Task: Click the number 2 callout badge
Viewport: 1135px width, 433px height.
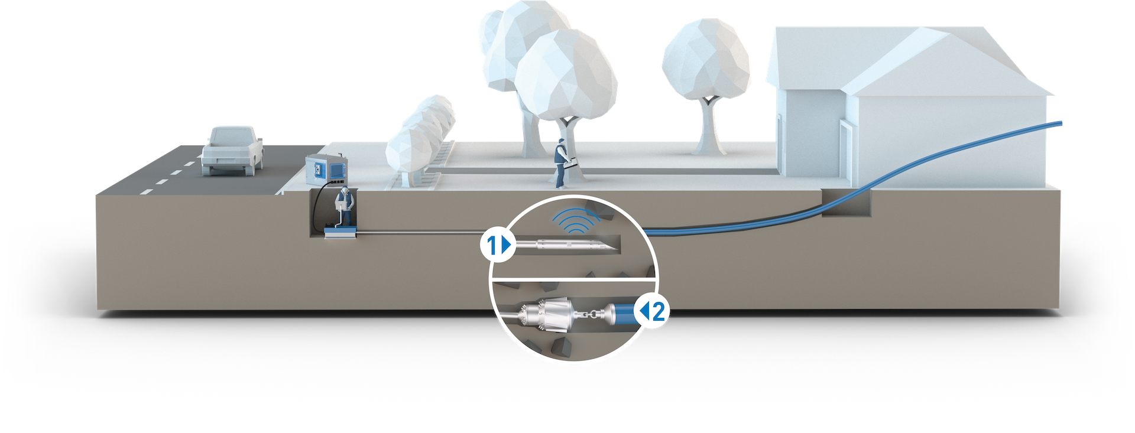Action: tap(654, 311)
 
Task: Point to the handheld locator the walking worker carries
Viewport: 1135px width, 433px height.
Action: tap(571, 164)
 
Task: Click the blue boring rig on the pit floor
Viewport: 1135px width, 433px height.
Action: tap(342, 234)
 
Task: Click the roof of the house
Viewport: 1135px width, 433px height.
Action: tap(922, 59)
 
